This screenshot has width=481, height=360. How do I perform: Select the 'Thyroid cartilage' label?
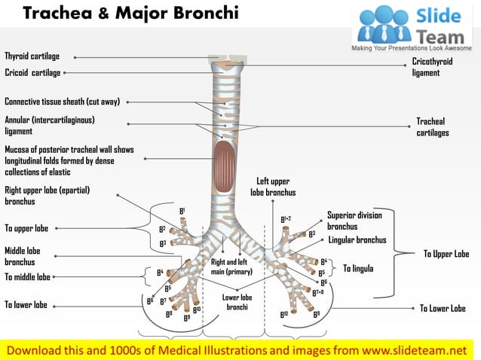pos(32,56)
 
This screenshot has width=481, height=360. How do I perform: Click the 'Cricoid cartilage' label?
pos(32,73)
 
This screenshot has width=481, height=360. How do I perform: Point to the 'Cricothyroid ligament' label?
pos(432,68)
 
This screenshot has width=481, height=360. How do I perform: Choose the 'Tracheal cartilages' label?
pos(432,127)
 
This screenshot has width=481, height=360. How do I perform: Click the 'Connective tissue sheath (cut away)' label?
pos(62,102)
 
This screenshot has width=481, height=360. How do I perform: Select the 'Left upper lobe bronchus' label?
pos(273,187)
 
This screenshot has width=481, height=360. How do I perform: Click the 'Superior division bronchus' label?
pos(354,221)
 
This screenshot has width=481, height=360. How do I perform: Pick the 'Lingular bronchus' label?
pos(357,240)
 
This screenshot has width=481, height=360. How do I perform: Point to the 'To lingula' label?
pos(359,268)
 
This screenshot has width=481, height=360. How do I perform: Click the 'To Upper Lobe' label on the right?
pos(446,255)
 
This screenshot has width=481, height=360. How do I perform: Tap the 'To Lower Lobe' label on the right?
pos(443,308)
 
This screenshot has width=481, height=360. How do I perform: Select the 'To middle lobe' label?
pos(27,277)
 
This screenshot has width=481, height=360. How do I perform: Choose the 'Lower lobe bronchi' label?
pos(237,302)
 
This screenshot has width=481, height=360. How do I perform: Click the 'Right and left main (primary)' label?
pos(231,267)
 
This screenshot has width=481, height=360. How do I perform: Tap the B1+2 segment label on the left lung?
pos(286,219)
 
